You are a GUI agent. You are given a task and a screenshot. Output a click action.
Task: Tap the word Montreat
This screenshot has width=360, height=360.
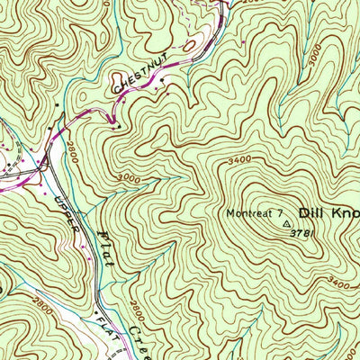(247, 213)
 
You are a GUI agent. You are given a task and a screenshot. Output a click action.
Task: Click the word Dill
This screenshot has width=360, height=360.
(315, 213)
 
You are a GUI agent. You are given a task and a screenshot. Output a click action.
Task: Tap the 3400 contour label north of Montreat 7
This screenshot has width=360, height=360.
(239, 159)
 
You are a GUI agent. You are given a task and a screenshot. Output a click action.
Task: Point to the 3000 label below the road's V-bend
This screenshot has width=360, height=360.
(129, 177)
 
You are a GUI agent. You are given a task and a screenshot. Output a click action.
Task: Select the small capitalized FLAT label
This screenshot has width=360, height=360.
(107, 323)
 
